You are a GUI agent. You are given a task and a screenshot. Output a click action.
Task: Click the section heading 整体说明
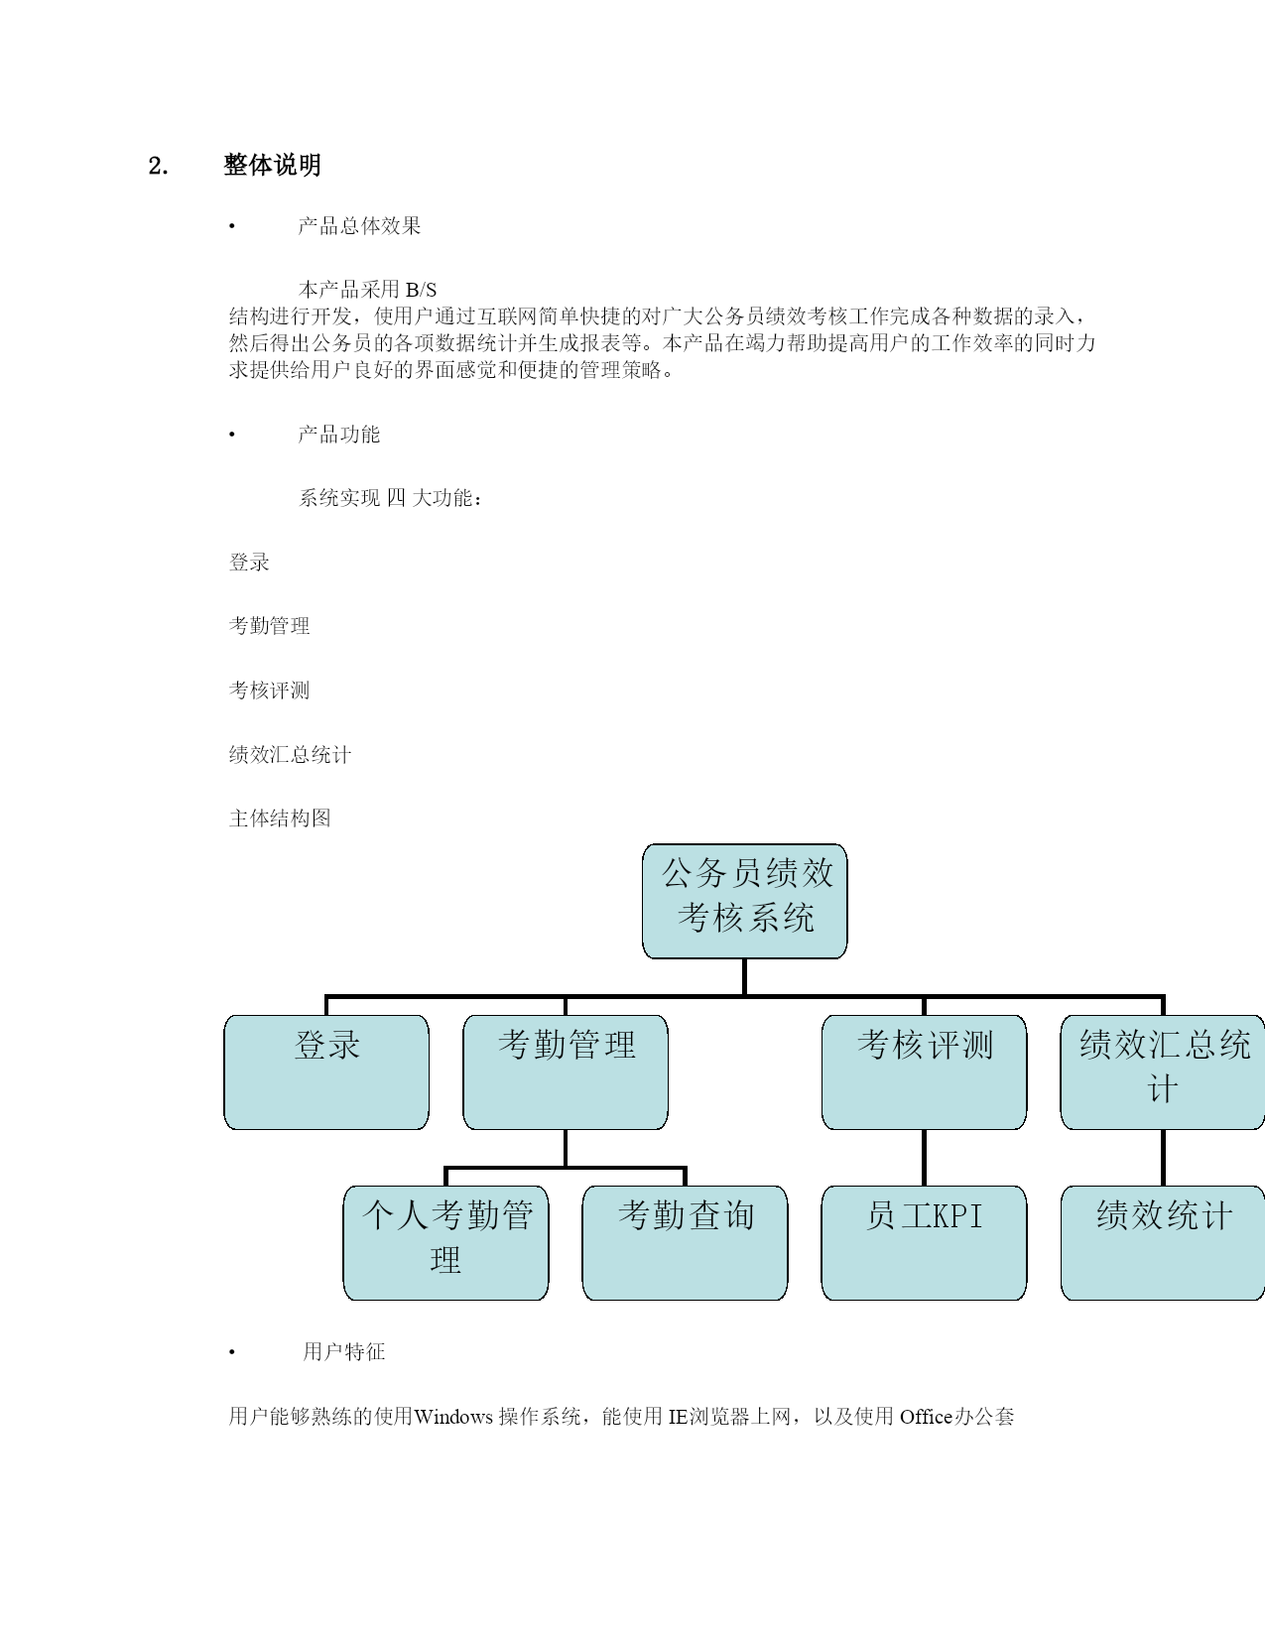tap(272, 165)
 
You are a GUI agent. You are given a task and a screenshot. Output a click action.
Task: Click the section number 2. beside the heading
tap(158, 166)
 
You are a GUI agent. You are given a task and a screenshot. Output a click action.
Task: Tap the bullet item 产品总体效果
tap(359, 226)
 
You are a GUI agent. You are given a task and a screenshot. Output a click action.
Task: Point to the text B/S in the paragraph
tap(421, 290)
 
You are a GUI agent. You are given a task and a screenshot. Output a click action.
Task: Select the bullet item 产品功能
tap(339, 435)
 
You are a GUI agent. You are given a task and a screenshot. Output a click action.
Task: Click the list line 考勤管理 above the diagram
tap(270, 626)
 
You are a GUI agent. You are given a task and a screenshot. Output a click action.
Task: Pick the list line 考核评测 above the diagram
tap(270, 691)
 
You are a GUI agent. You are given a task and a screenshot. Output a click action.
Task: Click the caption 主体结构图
tap(280, 818)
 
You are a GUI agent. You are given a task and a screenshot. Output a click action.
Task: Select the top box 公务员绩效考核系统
tap(744, 901)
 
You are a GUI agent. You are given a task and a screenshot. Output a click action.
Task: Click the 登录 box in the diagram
tap(326, 1072)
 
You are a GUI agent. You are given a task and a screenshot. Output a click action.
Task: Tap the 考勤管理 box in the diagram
tap(566, 1072)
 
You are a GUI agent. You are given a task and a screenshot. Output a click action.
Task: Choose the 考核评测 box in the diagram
tap(924, 1072)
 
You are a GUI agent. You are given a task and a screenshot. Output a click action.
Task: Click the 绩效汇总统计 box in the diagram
tap(1163, 1072)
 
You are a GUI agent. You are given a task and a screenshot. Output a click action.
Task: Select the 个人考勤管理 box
tap(446, 1243)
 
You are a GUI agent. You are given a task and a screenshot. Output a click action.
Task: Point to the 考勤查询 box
tap(685, 1243)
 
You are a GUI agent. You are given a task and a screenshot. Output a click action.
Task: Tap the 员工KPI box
tap(924, 1243)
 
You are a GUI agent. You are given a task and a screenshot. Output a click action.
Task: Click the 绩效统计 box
tap(1163, 1243)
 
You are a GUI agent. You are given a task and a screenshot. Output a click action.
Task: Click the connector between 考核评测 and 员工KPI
tap(924, 1158)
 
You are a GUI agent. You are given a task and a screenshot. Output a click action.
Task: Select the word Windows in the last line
tap(453, 1417)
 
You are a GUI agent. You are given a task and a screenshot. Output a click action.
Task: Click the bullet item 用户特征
tap(343, 1352)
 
